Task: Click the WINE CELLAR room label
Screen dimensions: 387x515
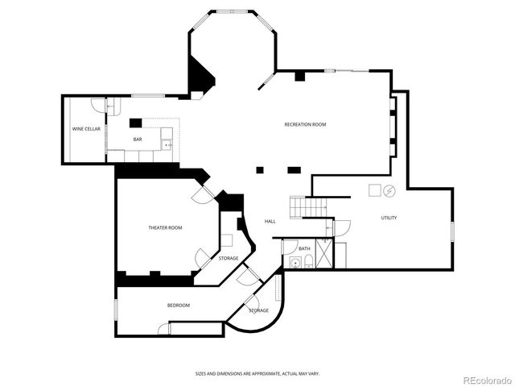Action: pyautogui.click(x=86, y=129)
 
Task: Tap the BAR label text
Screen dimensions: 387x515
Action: pyautogui.click(x=138, y=140)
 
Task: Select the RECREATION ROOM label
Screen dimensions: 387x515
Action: pyautogui.click(x=305, y=124)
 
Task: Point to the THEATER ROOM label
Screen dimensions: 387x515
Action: pyautogui.click(x=165, y=228)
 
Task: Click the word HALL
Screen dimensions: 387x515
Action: pyautogui.click(x=270, y=222)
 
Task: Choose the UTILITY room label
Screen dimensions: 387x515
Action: pyautogui.click(x=389, y=218)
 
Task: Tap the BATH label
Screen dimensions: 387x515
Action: pyautogui.click(x=304, y=248)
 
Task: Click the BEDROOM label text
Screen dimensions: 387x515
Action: pyautogui.click(x=179, y=306)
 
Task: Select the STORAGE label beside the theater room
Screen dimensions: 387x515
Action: pyautogui.click(x=229, y=258)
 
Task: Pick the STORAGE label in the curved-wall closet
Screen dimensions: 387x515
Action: pyautogui.click(x=258, y=310)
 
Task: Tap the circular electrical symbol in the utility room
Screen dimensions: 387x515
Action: pyautogui.click(x=389, y=191)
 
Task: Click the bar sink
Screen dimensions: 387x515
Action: pyautogui.click(x=167, y=144)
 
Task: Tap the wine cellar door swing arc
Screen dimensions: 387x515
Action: pyautogui.click(x=98, y=105)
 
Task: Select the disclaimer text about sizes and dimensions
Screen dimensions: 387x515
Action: pyautogui.click(x=257, y=373)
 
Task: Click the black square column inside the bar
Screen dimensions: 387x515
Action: pyautogui.click(x=135, y=123)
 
